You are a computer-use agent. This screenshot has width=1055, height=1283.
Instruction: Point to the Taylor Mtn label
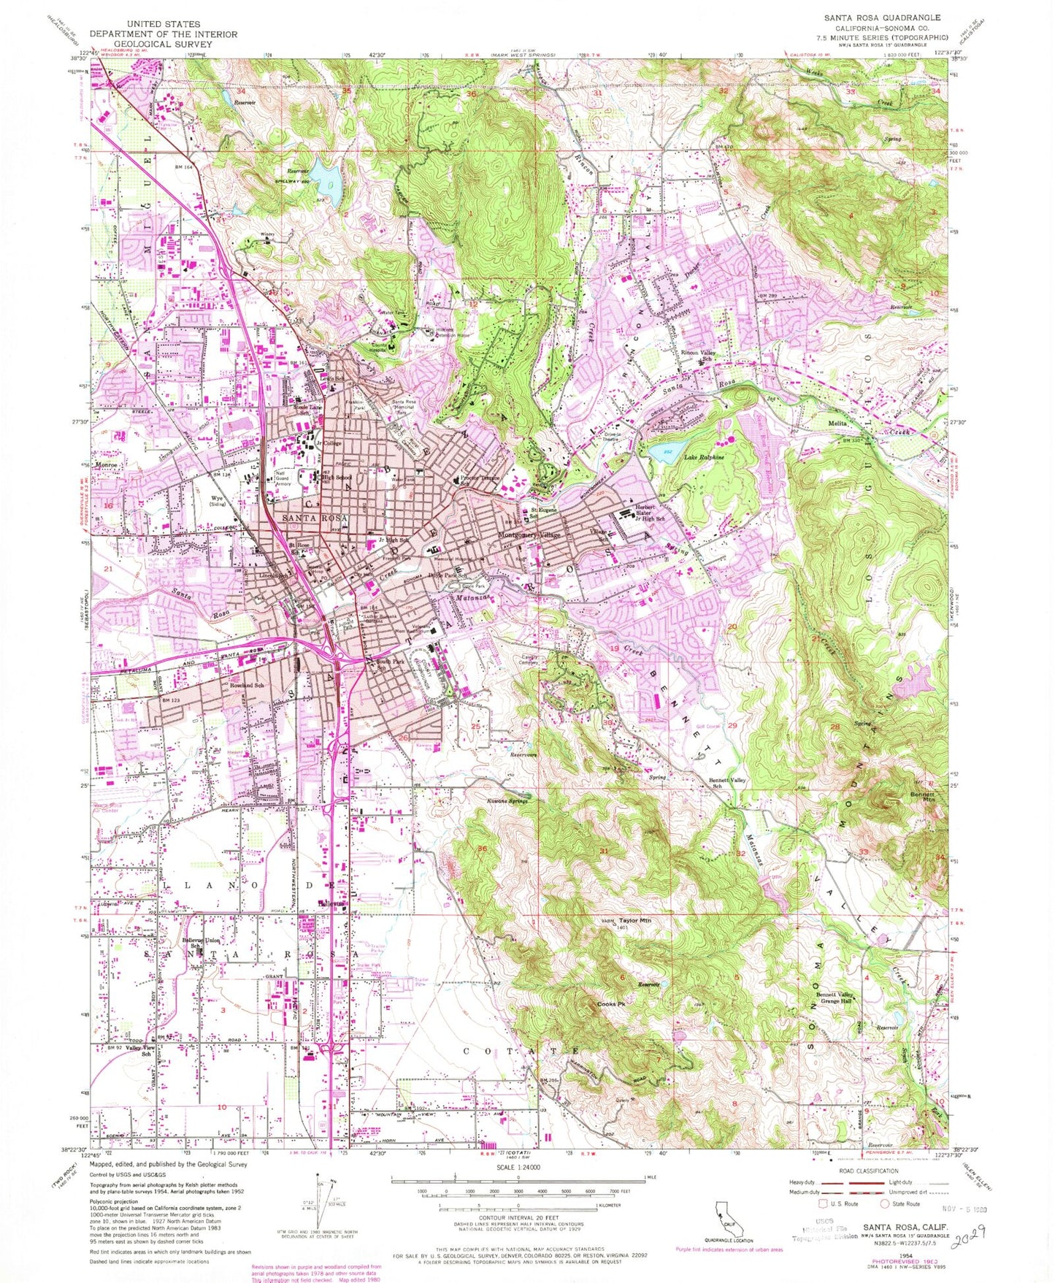(634, 921)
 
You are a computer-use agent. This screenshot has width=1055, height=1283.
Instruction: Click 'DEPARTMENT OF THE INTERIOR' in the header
(163, 34)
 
